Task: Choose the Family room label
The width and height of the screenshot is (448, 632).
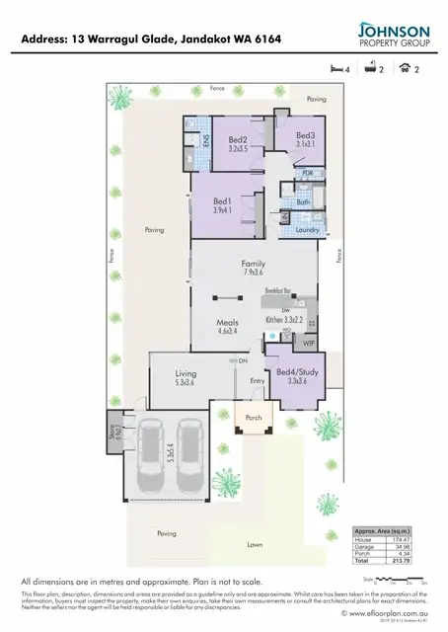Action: coord(254,264)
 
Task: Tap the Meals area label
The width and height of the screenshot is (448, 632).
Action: coord(229,322)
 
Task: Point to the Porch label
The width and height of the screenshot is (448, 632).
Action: coord(254,417)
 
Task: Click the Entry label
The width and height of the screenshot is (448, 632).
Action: coord(258,381)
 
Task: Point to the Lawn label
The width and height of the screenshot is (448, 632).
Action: coord(255,544)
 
